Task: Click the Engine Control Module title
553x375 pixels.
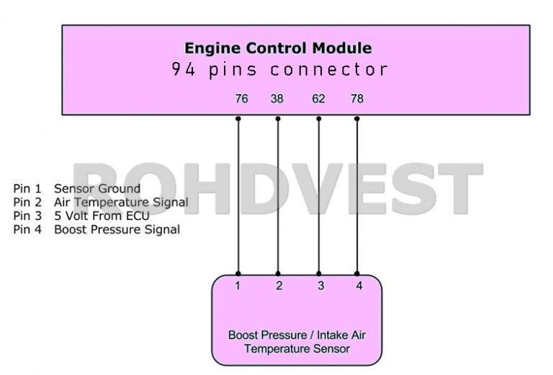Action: click(x=278, y=48)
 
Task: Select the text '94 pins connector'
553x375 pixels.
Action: click(x=279, y=70)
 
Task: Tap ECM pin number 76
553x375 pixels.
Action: click(x=241, y=99)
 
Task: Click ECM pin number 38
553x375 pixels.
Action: click(x=277, y=99)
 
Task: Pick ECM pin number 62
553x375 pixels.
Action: click(x=318, y=99)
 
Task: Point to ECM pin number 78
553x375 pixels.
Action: click(x=356, y=99)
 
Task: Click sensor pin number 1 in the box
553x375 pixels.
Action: click(x=238, y=286)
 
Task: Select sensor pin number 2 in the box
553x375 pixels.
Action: click(x=279, y=286)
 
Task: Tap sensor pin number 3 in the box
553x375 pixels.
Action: click(x=320, y=286)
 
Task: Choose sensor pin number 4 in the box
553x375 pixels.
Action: click(x=359, y=286)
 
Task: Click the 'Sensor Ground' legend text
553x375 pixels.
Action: click(x=97, y=189)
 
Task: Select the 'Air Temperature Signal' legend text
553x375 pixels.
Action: click(x=121, y=203)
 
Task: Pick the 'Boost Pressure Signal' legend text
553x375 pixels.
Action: click(x=117, y=229)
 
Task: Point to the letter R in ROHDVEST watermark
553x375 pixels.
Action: click(x=101, y=189)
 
